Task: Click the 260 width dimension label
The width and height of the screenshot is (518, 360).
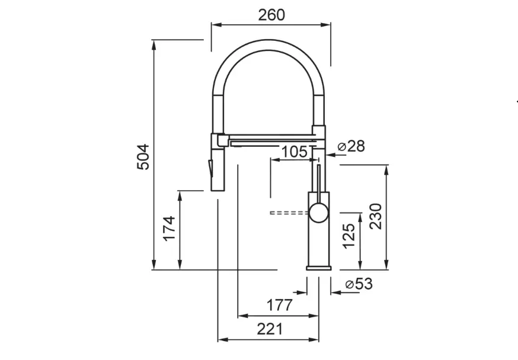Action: pyautogui.click(x=271, y=15)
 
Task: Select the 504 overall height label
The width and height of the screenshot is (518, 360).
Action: pyautogui.click(x=143, y=157)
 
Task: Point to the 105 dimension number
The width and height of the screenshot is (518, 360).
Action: pyautogui.click(x=295, y=152)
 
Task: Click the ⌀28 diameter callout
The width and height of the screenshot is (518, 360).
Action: pyautogui.click(x=351, y=146)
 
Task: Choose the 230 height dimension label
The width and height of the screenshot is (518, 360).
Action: pyautogui.click(x=376, y=217)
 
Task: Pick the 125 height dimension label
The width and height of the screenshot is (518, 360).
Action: pyautogui.click(x=349, y=236)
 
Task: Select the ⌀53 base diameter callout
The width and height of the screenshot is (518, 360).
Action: pyautogui.click(x=359, y=284)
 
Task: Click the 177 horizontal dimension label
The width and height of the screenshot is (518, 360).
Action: pyautogui.click(x=280, y=305)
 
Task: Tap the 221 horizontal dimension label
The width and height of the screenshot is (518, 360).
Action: pyautogui.click(x=270, y=329)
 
